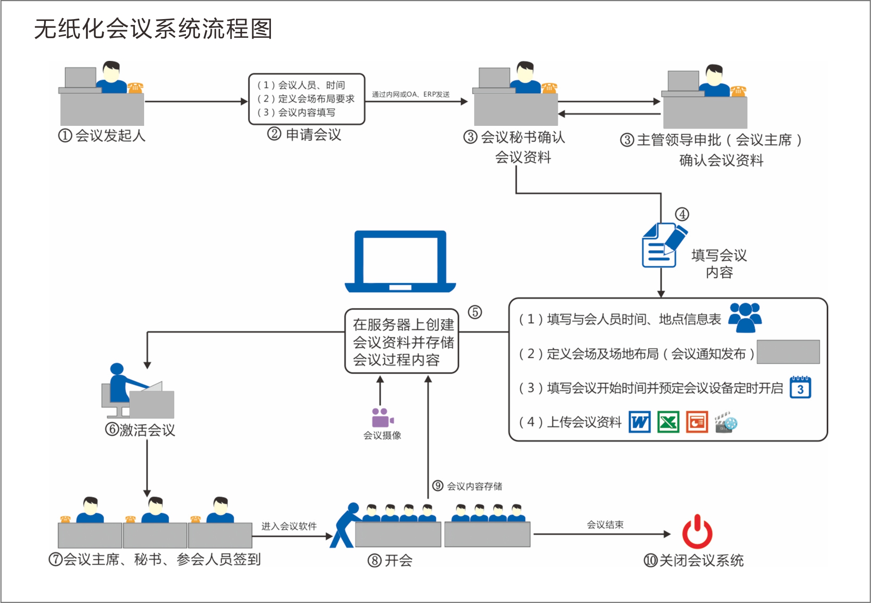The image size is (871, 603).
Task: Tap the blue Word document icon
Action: coord(639,422)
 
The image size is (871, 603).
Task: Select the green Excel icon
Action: coord(668,422)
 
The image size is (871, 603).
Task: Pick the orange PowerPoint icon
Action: coord(696,422)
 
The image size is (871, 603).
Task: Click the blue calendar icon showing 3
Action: coord(800,388)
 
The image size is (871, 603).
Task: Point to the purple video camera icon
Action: coord(382,417)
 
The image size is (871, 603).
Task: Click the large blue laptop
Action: coord(400,261)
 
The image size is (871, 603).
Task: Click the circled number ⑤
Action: coord(475,312)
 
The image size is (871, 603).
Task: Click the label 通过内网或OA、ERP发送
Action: coord(410,95)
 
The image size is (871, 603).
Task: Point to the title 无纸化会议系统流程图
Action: coord(153,29)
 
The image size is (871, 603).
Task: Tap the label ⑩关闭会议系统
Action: coord(693,560)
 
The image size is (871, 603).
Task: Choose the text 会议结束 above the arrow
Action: coord(605,525)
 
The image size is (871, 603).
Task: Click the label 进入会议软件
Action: coord(289,526)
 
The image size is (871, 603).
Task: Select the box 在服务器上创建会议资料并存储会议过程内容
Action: coord(402,342)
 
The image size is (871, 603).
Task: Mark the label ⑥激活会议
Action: coord(140,429)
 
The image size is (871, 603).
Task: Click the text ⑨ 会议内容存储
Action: coord(467,486)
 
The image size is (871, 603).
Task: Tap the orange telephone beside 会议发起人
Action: coord(135,87)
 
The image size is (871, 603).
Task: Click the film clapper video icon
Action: coord(726,422)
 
